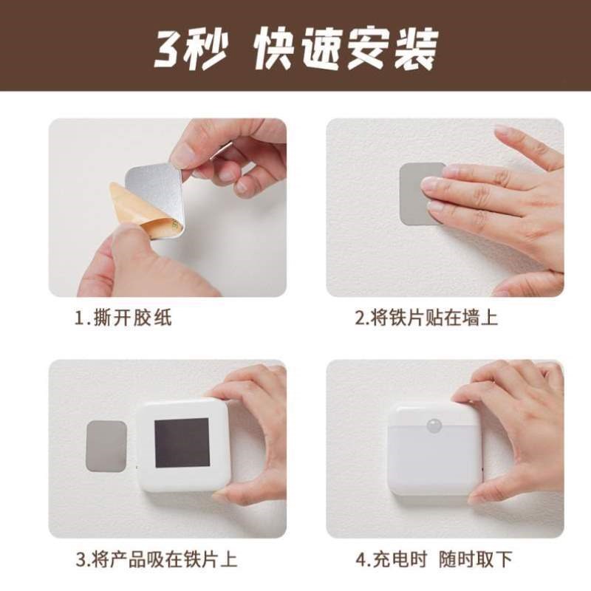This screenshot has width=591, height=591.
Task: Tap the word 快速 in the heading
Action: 295,49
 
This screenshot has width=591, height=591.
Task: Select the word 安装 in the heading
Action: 392,49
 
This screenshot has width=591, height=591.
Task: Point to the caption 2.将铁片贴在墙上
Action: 426,318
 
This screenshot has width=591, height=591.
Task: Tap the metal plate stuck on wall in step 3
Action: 106,445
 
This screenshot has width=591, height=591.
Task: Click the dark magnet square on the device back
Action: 182,443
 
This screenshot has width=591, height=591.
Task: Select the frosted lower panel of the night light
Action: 434,465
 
